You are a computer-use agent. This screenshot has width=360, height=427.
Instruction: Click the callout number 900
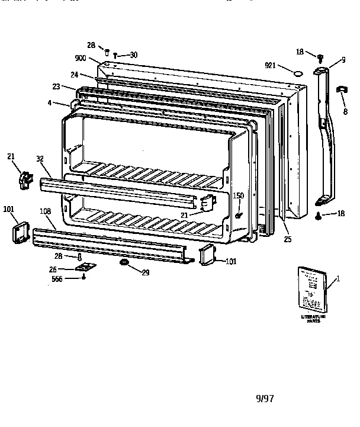[x=81, y=58]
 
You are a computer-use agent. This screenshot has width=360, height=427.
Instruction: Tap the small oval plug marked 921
[x=298, y=73]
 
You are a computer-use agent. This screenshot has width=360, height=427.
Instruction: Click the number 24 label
[x=74, y=75]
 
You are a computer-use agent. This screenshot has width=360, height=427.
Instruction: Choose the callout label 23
[x=56, y=86]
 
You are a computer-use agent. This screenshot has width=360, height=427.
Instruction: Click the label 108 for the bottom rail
[x=45, y=211]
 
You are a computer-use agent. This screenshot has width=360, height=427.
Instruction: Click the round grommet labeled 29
[x=125, y=262]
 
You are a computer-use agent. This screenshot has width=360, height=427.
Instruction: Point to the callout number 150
[x=238, y=195]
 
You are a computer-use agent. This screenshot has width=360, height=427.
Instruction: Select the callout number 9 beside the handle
[x=342, y=60]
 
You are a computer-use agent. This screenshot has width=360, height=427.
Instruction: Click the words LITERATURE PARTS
[x=314, y=319]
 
